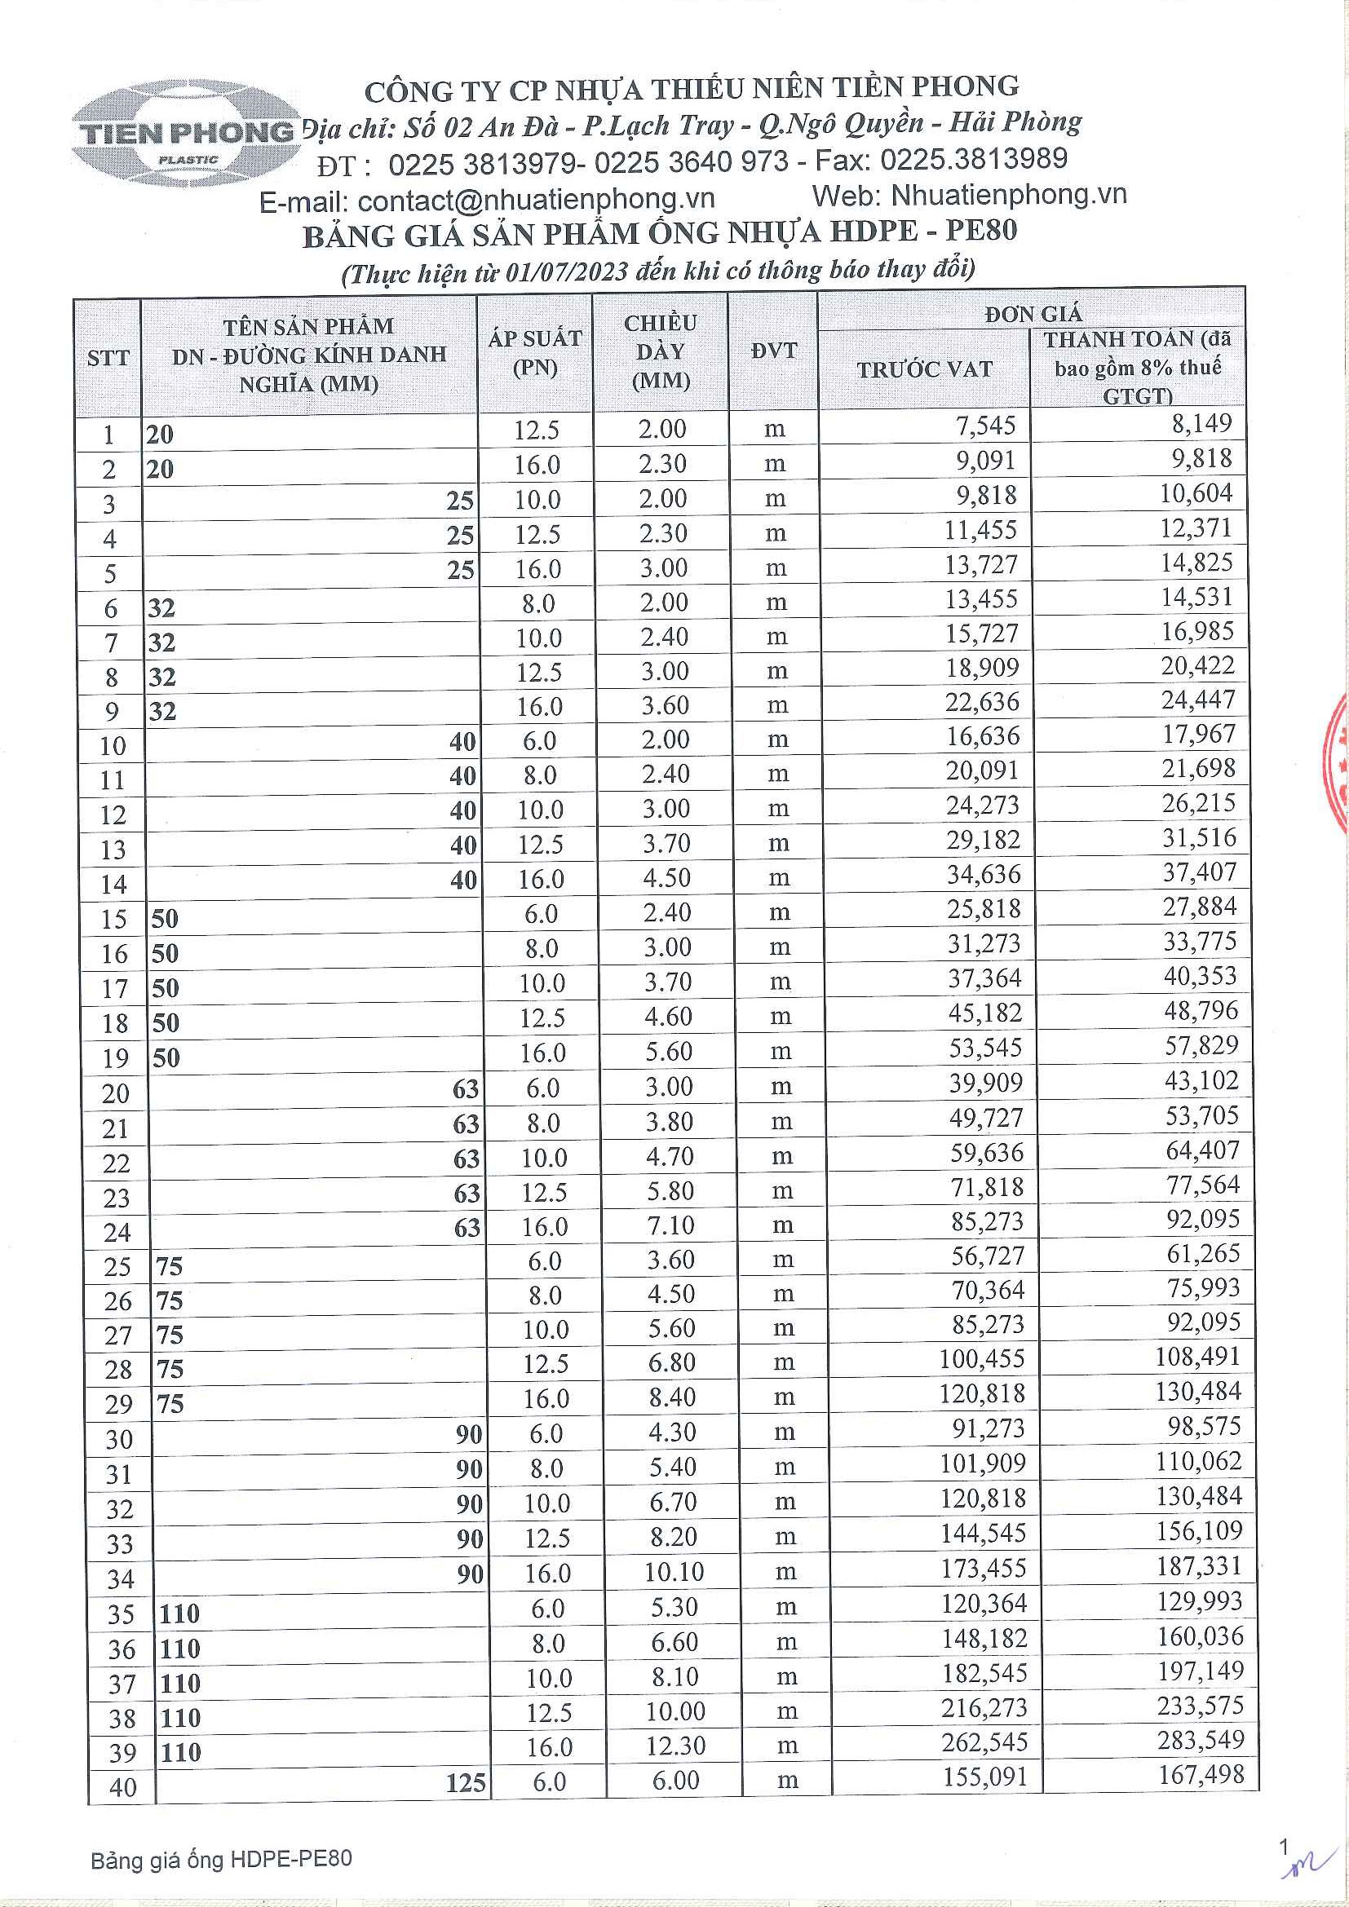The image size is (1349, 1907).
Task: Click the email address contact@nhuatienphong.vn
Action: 536,199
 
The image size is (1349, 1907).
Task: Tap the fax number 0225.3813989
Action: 974,159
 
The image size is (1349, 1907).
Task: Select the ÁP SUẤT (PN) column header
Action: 535,353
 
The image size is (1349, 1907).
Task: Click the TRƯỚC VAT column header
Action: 924,369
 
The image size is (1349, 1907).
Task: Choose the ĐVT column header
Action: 773,351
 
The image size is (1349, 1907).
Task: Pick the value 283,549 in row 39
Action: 1201,1740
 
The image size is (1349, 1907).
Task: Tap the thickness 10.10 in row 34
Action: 674,1572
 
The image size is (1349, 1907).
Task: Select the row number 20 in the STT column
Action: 116,1094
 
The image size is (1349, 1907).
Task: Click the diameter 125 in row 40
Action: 465,1782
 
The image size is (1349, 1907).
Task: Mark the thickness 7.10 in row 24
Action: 671,1225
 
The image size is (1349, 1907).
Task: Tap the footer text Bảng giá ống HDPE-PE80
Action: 221,1860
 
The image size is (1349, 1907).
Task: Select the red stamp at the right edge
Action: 1337,764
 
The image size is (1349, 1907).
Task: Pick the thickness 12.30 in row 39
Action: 675,1746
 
